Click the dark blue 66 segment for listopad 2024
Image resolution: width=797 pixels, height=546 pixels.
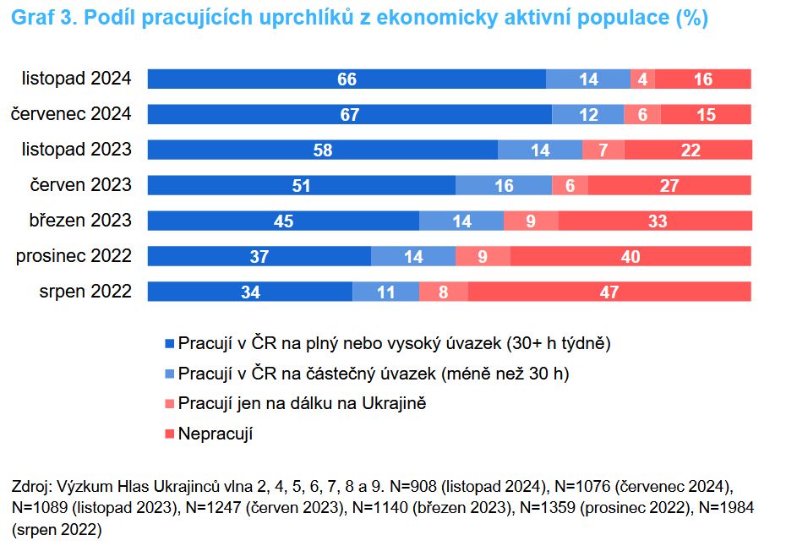(x=347, y=79)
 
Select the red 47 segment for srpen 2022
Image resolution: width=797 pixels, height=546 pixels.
(x=609, y=292)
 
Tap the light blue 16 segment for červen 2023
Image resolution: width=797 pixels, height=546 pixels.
(x=504, y=185)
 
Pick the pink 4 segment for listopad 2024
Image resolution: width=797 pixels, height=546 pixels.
(x=642, y=79)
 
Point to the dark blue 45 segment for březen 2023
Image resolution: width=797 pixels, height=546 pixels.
(x=283, y=221)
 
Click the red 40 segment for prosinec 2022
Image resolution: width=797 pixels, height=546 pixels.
(x=631, y=256)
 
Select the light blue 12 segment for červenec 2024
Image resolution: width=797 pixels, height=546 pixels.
(x=588, y=115)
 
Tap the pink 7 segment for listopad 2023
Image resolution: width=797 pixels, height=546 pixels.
(x=603, y=150)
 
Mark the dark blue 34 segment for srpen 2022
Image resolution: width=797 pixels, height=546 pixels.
(x=250, y=292)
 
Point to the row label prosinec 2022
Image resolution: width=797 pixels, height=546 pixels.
(x=74, y=256)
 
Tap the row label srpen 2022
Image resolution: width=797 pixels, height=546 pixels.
(x=85, y=292)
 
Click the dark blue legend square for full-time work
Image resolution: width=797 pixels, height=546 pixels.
(x=169, y=344)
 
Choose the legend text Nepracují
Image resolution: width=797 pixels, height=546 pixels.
(x=216, y=434)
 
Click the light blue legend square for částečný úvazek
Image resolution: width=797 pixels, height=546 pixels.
(x=169, y=374)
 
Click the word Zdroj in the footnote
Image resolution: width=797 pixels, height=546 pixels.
(x=30, y=488)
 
